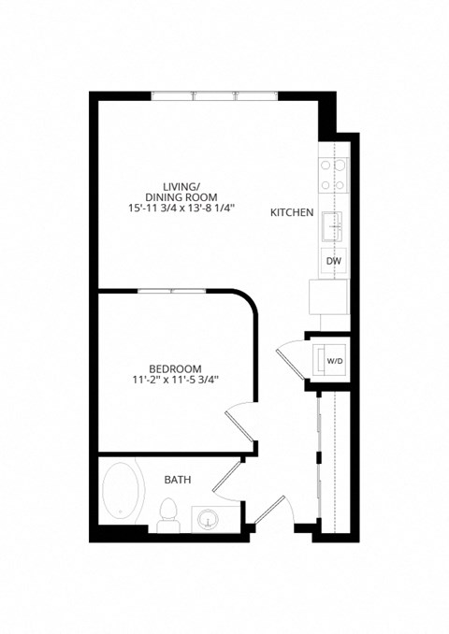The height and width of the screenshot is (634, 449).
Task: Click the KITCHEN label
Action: pyautogui.click(x=291, y=212)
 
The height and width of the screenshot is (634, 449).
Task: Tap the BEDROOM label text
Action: pyautogui.click(x=176, y=367)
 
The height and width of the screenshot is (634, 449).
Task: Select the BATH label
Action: pyautogui.click(x=178, y=480)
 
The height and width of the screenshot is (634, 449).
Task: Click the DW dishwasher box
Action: pyautogui.click(x=333, y=262)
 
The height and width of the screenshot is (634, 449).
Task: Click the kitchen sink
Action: pyautogui.click(x=333, y=224)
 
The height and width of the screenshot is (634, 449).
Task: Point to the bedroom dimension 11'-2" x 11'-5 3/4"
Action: pyautogui.click(x=176, y=380)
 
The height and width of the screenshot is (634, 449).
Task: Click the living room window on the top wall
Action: pyautogui.click(x=214, y=94)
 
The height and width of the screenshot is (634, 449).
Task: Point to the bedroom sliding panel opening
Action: pyautogui.click(x=172, y=291)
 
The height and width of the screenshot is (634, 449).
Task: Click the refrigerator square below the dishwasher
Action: pyautogui.click(x=327, y=298)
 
